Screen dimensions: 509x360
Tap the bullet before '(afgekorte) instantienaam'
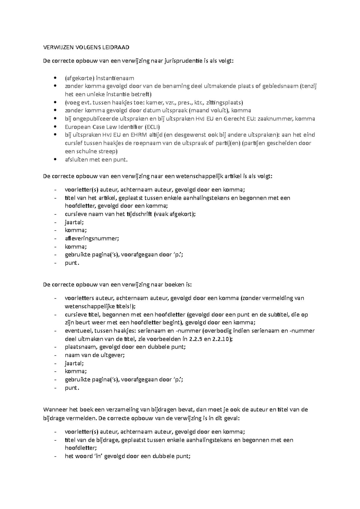54,78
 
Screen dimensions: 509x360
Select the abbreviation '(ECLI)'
154,127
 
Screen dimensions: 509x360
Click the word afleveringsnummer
92,238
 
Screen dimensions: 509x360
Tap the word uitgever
112,355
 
